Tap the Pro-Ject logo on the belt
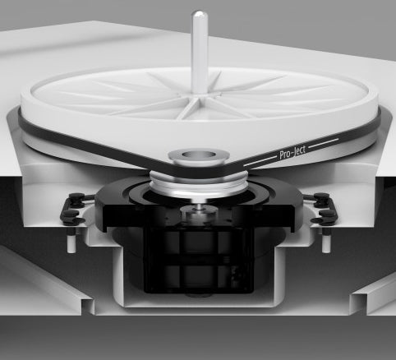coord(292,152)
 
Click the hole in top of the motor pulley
coord(198,155)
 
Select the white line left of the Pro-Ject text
coord(260,161)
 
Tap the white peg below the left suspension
coord(71,241)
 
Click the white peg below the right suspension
coord(326,240)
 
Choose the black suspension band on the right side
coord(323,209)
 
